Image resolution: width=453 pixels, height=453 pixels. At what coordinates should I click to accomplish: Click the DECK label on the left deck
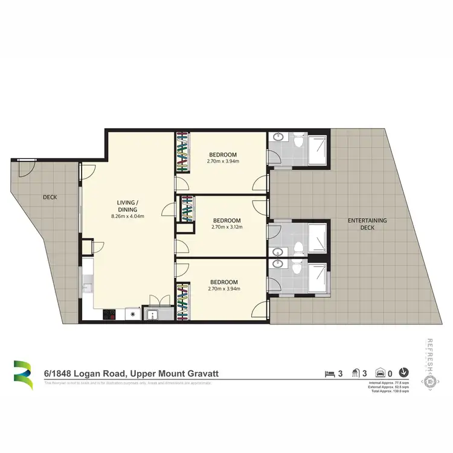pos(50,197)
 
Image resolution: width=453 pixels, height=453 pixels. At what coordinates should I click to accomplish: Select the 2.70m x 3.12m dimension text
pos(226,227)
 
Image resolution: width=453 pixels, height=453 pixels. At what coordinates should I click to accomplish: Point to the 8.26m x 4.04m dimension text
pos(127,216)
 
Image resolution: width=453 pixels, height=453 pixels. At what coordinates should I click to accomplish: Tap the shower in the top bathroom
pos(318,149)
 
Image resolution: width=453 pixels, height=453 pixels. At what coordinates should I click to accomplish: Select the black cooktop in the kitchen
pos(110,314)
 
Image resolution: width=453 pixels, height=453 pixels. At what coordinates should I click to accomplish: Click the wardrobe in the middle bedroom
pos(187,210)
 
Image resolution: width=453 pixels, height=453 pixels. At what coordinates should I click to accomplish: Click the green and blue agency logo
pos(23,375)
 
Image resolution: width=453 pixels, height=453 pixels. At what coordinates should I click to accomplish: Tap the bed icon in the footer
pos(329,373)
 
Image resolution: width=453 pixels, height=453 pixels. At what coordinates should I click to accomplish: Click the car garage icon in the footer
pos(381,373)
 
